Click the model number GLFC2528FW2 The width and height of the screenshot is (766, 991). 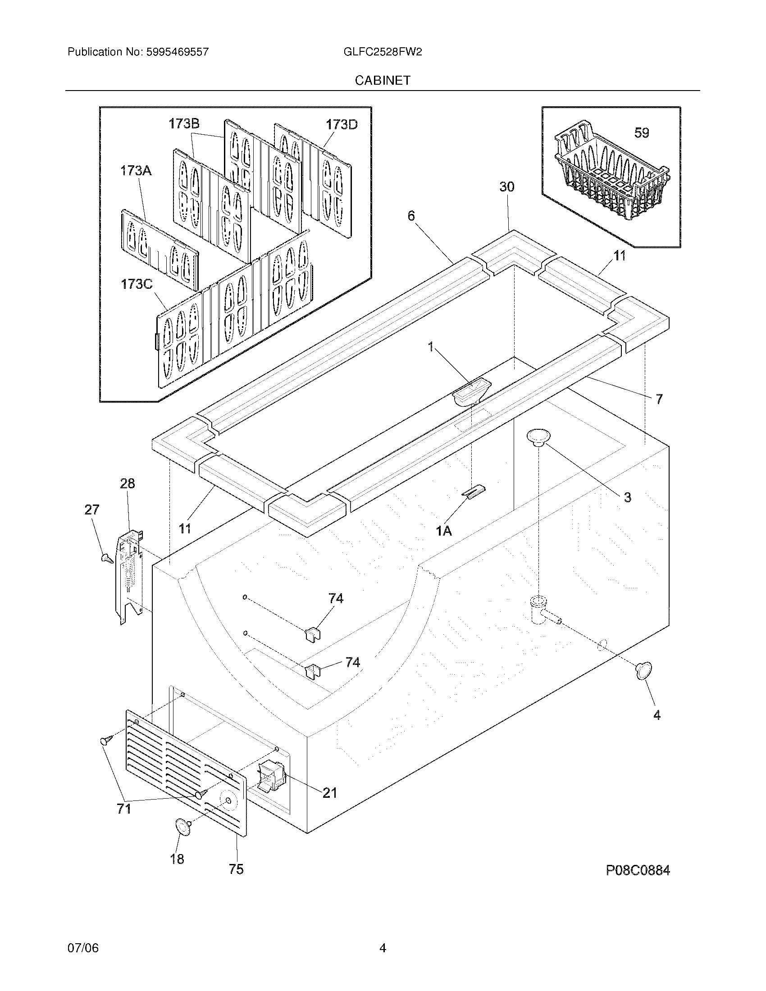(383, 52)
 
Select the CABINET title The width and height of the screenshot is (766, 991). (383, 80)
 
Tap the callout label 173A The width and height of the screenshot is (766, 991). (135, 171)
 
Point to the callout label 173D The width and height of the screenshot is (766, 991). (341, 124)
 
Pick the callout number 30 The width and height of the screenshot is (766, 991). (507, 186)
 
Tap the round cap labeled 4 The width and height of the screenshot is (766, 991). (643, 671)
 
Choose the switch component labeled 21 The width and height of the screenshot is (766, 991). (271, 778)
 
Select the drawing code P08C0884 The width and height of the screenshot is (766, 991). (638, 870)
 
